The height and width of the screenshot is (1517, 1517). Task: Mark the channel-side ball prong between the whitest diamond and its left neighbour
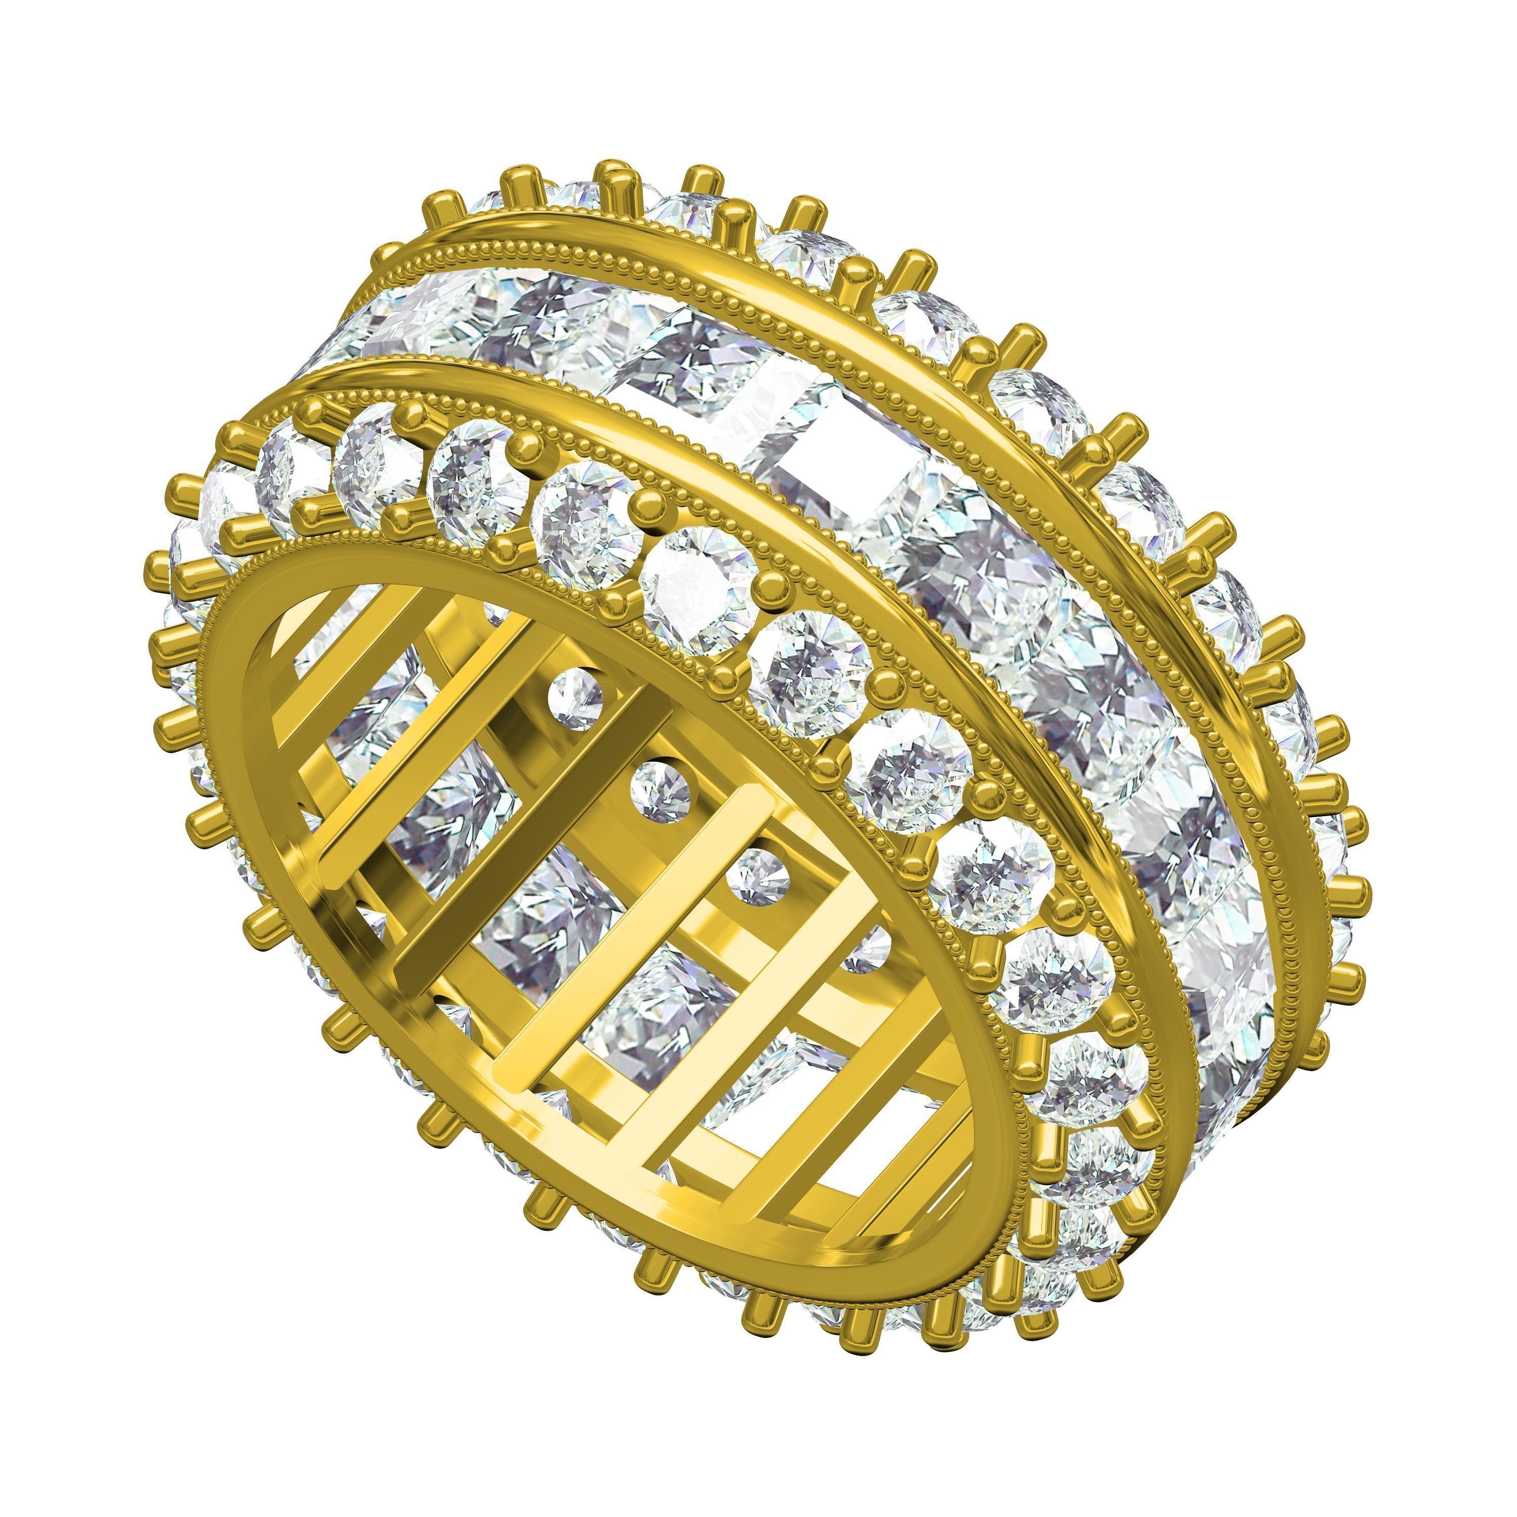649,503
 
